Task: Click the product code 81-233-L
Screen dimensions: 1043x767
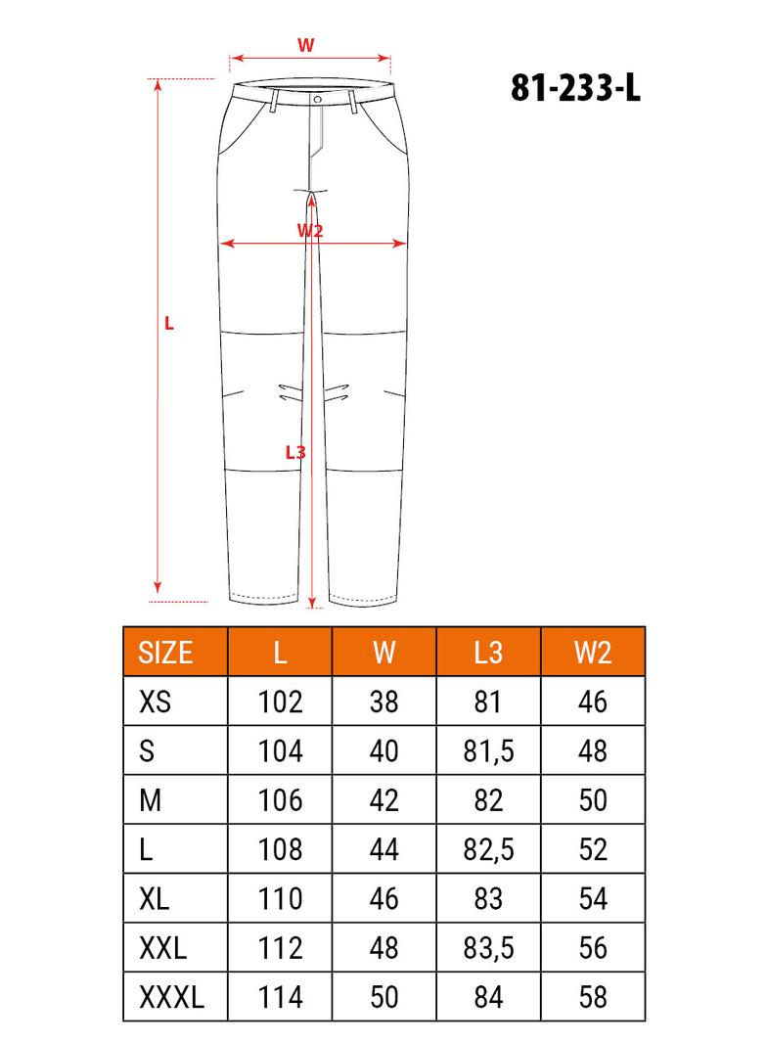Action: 575,89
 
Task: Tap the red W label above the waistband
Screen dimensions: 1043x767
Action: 306,44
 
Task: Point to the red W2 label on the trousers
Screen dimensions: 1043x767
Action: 310,230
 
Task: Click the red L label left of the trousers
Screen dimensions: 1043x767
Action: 169,323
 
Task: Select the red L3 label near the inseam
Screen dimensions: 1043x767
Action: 295,452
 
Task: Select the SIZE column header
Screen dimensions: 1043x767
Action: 166,653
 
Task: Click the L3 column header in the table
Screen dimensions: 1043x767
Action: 487,653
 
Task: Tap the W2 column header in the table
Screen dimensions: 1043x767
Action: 593,653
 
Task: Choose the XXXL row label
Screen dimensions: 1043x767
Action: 172,997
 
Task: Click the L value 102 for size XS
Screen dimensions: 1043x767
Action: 280,702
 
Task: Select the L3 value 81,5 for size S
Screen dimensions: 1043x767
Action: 487,750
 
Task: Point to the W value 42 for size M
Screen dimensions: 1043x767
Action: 384,800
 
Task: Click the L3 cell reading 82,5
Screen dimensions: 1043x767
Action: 487,849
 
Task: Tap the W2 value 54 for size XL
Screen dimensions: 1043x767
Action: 593,898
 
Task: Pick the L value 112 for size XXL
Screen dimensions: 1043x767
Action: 280,948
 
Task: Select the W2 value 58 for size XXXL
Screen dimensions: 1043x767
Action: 593,997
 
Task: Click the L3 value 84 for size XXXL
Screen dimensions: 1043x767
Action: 487,997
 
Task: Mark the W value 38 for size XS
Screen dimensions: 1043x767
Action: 384,702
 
